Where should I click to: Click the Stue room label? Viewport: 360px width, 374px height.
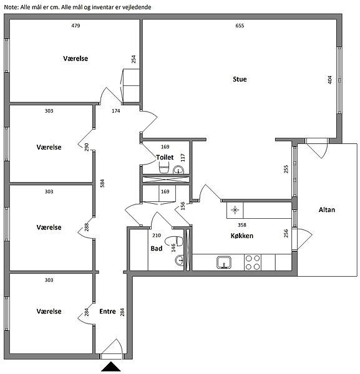tap(240, 79)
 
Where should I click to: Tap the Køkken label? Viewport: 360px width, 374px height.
tap(242, 236)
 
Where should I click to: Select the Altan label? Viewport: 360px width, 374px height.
tap(327, 209)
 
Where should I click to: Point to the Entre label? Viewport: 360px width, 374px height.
tap(107, 311)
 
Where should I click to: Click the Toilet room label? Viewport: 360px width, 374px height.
tap(165, 158)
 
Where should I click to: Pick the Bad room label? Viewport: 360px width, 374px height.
tap(157, 249)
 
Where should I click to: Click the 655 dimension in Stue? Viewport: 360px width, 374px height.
tap(240, 26)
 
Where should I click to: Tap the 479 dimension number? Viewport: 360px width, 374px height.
tap(75, 26)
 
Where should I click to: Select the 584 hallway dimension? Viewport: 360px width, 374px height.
tap(102, 183)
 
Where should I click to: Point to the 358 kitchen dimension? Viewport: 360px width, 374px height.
tap(242, 225)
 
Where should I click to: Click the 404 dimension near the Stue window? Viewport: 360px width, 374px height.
tap(329, 80)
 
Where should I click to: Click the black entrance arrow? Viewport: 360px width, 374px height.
tap(111, 367)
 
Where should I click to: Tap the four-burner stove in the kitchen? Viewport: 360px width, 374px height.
tap(253, 262)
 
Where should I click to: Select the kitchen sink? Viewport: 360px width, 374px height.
tap(224, 262)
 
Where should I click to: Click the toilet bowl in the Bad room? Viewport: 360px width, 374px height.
tap(174, 241)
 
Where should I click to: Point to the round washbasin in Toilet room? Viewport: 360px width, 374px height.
tap(178, 170)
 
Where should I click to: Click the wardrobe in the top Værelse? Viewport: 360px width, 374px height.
tap(131, 85)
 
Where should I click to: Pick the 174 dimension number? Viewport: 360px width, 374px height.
tap(116, 111)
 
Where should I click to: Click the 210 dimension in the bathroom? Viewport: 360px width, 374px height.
tap(157, 236)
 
